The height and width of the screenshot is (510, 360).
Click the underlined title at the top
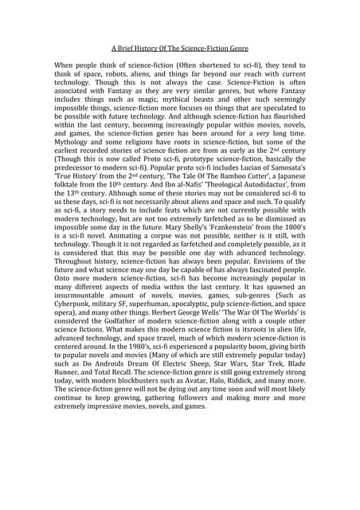(x=180, y=48)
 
